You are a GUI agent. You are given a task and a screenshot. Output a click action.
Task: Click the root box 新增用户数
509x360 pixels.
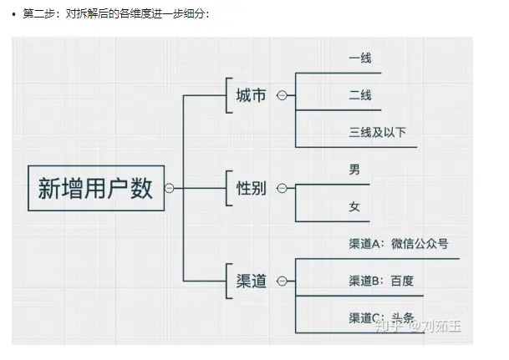95,187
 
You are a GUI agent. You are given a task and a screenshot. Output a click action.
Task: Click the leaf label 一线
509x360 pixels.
360,58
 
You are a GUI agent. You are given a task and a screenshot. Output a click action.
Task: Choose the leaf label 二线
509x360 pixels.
360,95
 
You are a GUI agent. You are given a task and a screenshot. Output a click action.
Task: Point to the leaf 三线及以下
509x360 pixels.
377,132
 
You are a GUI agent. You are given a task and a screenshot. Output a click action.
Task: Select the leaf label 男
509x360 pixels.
354,170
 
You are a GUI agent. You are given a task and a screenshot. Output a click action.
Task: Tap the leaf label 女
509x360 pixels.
354,206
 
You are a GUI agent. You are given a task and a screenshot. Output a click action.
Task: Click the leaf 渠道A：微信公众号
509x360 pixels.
399,244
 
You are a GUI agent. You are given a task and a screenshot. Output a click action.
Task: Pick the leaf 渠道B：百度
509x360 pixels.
381,281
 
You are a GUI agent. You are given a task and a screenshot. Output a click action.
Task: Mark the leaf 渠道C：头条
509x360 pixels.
381,317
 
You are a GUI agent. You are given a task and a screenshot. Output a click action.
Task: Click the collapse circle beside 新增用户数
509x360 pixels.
170,188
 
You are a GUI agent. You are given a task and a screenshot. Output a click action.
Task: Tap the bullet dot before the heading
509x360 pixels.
14,15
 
